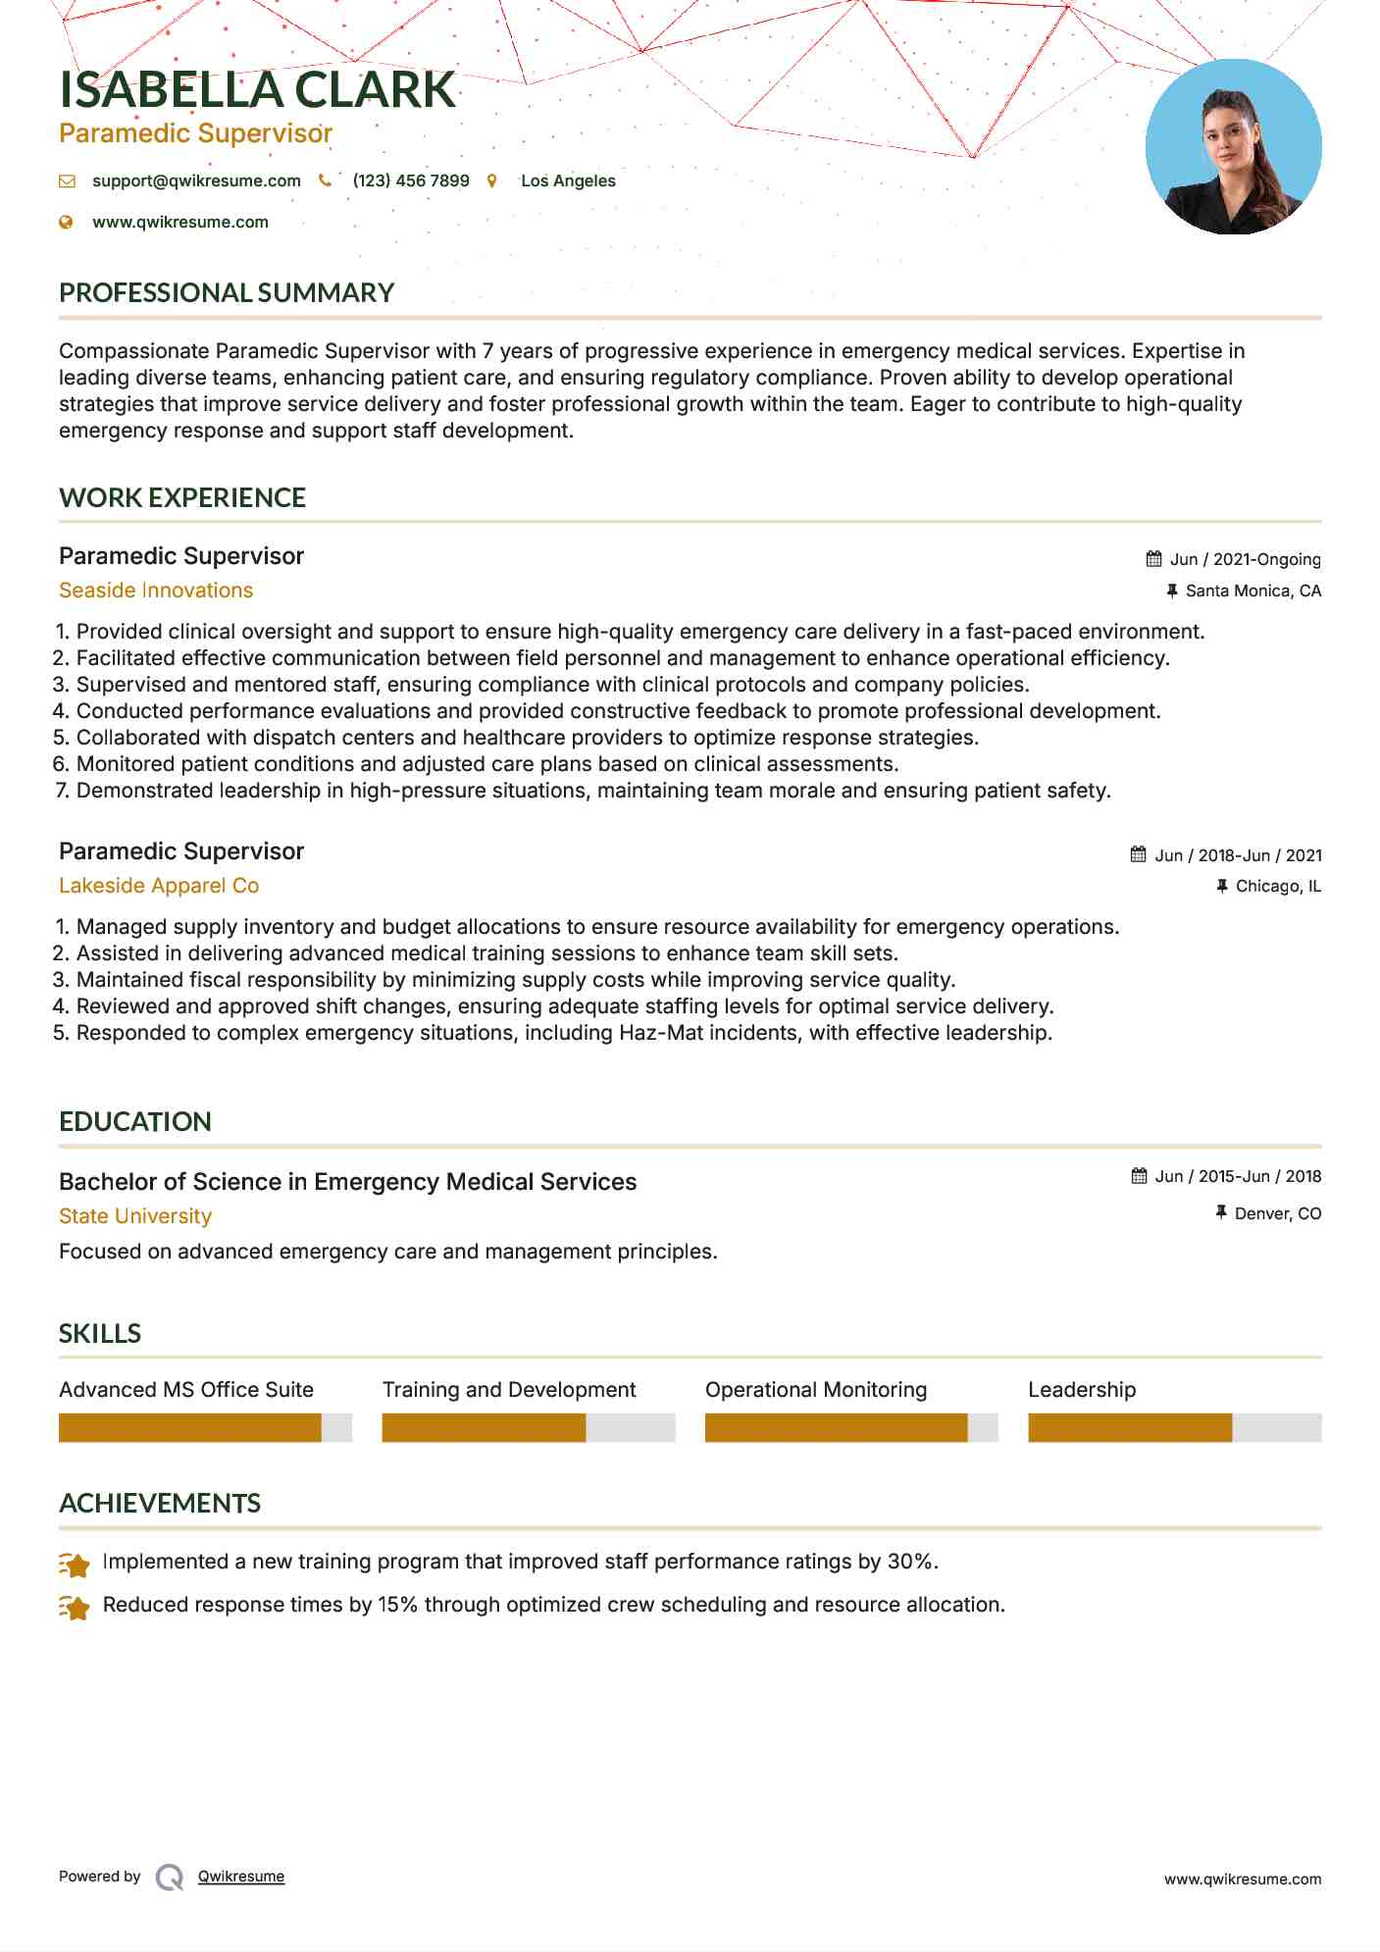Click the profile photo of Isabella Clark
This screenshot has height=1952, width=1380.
click(1233, 147)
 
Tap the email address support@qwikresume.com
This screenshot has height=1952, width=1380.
click(196, 181)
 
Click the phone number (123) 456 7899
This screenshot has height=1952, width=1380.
click(411, 181)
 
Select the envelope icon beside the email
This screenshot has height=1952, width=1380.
click(67, 181)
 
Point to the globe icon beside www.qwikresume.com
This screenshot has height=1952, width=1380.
click(67, 223)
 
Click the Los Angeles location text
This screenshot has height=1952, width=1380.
click(568, 181)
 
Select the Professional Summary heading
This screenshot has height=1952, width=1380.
click(227, 293)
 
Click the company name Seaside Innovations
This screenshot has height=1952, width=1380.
click(156, 591)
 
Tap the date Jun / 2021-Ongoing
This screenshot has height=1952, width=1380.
click(1245, 560)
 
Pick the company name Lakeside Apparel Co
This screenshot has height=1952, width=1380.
click(159, 886)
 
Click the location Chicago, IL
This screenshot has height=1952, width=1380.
click(1278, 887)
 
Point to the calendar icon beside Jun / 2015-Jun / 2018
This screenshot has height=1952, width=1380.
click(1139, 1176)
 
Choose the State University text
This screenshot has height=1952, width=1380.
click(135, 1216)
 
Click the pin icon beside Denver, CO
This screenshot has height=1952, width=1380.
click(1221, 1213)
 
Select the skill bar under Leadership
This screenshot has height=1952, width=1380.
click(1174, 1428)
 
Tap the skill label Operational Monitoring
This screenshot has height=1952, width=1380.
click(816, 1390)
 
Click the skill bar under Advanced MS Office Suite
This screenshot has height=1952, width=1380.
click(205, 1428)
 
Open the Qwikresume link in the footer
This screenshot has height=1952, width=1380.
click(241, 1876)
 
